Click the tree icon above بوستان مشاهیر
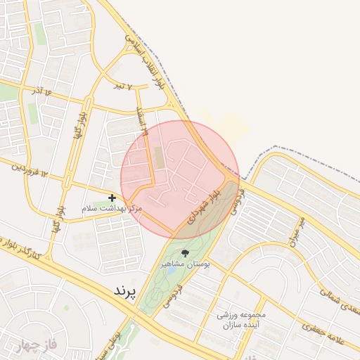coord(186,252)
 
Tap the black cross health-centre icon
coord(112,198)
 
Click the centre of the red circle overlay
coord(180,179)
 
